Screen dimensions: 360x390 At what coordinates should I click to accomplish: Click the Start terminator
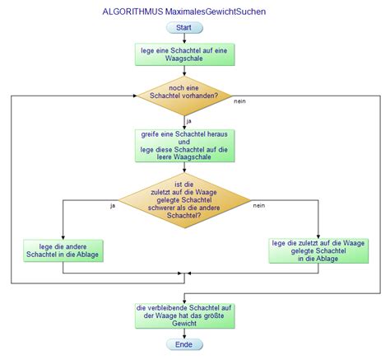click(183, 28)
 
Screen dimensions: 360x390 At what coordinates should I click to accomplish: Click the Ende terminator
click(183, 344)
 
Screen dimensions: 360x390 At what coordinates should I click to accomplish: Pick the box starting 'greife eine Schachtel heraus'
click(183, 145)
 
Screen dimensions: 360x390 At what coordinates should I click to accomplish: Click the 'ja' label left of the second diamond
click(113, 204)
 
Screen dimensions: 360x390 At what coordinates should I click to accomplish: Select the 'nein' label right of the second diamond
click(258, 204)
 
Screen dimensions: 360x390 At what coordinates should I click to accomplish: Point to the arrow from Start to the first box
click(183, 38)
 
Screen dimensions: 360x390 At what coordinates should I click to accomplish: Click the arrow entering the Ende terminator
click(183, 332)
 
